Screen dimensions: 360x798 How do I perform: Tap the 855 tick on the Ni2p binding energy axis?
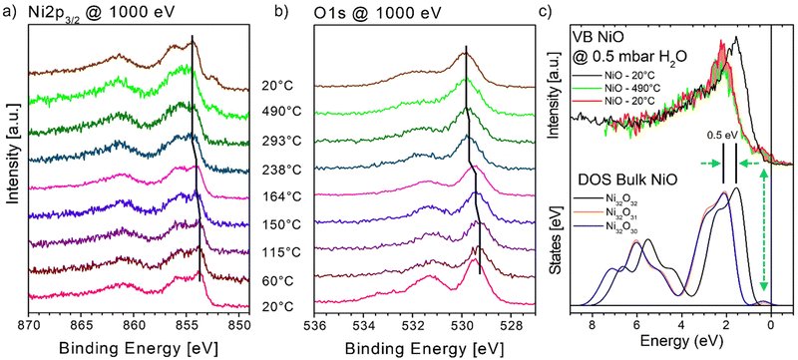188,323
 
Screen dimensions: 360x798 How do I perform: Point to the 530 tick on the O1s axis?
462,323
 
